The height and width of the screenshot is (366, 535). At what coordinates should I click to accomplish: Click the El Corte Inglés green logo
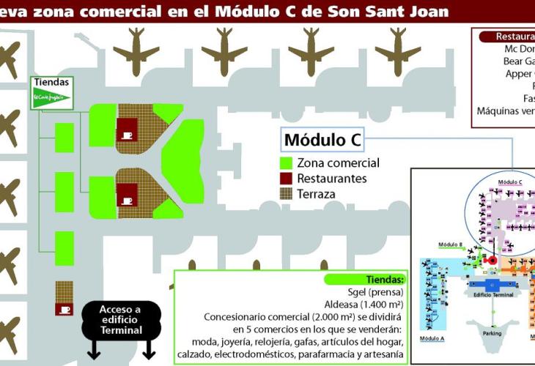pos(51,97)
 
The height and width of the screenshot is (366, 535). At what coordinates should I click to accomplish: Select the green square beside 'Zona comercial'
pos(287,163)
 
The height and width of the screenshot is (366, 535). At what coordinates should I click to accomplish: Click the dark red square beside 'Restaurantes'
pos(287,178)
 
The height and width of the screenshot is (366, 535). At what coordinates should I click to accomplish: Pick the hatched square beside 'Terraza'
pos(287,193)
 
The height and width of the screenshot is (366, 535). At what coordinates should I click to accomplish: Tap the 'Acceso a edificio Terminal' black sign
pos(120,320)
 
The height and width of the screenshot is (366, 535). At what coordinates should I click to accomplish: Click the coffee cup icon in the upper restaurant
pos(127,135)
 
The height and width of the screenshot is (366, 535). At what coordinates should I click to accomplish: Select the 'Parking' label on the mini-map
pos(492,332)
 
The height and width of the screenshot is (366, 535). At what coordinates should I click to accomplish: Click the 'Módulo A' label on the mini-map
pos(432,339)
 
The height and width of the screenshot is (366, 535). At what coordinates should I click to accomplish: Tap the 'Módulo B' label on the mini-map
pos(449,244)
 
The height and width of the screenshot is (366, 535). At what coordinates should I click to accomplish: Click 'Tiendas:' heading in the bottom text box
pos(385,280)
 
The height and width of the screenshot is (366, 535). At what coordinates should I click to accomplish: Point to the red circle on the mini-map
pos(492,260)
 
